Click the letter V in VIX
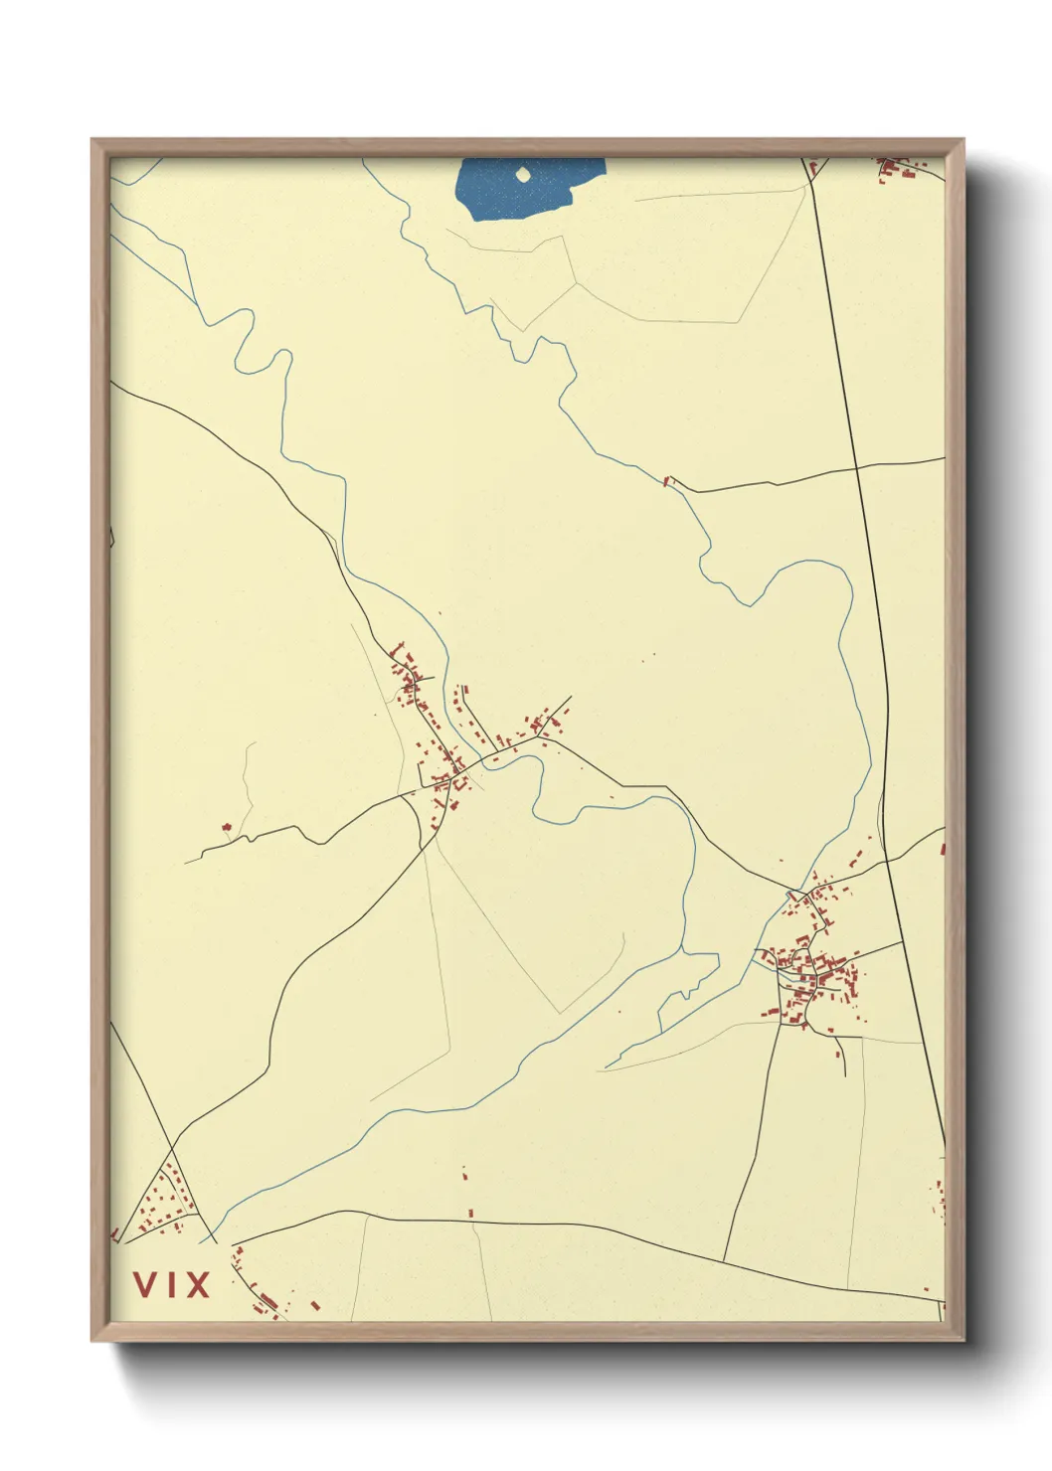point(145,1284)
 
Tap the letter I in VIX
point(170,1284)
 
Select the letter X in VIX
point(197,1284)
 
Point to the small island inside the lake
point(523,176)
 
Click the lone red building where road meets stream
point(668,481)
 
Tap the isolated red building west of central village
point(227,826)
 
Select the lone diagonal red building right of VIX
point(315,1305)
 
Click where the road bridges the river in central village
point(484,760)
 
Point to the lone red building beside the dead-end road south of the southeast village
point(838,1055)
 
